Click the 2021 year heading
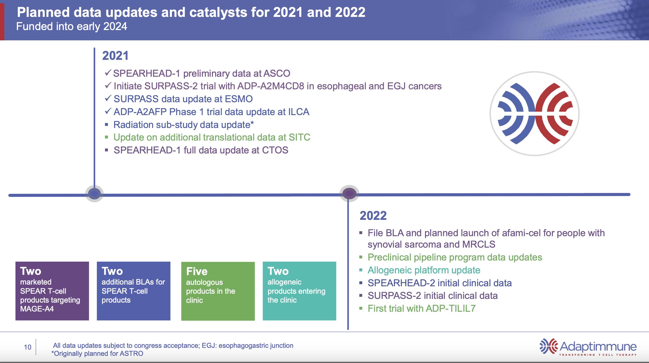(115, 56)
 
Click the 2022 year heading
(373, 216)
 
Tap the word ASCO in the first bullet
(277, 73)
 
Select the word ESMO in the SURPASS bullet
(239, 99)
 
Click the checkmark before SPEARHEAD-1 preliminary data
(108, 73)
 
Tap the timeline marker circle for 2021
(94, 194)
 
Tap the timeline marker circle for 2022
(349, 194)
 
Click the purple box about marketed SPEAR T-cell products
(52, 291)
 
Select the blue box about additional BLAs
(133, 291)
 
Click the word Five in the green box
(197, 271)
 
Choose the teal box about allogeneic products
(299, 291)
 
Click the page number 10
(27, 347)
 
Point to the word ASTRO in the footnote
(131, 354)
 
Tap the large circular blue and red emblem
(534, 114)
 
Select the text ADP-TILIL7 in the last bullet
(450, 308)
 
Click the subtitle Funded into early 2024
(72, 26)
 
